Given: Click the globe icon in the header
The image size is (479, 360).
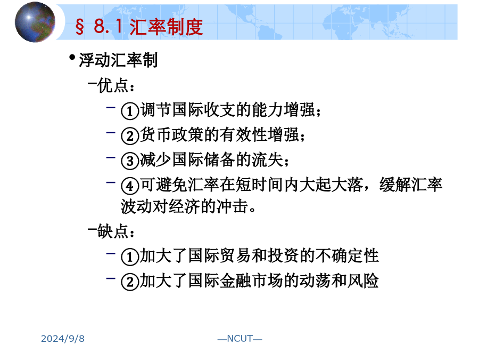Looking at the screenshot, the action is point(35,22).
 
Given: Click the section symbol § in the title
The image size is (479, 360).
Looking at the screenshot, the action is point(80,27).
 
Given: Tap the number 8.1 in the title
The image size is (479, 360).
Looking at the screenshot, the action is point(109,26).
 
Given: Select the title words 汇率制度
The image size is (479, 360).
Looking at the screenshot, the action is point(166,27).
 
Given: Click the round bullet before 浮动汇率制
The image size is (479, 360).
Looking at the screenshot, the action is point(72,57).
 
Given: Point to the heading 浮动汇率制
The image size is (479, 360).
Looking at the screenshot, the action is point(118,60).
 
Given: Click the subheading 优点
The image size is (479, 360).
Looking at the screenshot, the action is point(112,85).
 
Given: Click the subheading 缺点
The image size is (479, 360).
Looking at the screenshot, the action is point(112,231).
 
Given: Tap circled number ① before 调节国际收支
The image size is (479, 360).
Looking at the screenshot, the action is point(130,110).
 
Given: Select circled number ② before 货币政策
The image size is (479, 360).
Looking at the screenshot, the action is point(130,135).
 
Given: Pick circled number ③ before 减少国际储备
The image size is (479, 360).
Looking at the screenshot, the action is point(130,161).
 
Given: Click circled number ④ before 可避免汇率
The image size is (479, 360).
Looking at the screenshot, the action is point(130,186).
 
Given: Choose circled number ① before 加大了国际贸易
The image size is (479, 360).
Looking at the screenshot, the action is point(130,257).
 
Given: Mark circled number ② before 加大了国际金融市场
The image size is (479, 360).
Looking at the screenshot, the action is point(130,282).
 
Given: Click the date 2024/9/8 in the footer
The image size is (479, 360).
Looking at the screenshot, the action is point(63,339).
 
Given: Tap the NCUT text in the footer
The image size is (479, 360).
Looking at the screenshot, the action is point(240,339).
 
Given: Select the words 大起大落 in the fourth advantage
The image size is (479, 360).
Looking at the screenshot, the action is point(331,185).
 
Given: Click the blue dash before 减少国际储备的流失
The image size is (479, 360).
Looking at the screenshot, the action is point(111,158).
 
